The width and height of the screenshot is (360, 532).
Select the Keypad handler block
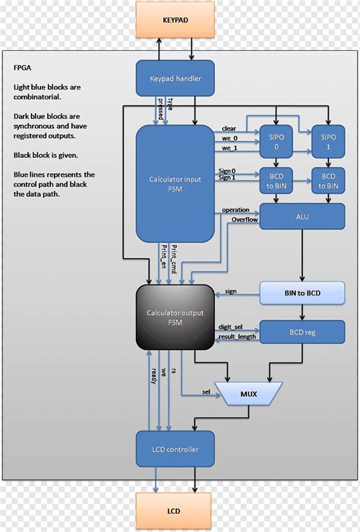pos(174,77)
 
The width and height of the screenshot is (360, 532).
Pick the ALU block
pos(302,216)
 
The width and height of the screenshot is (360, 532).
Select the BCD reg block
pos(302,331)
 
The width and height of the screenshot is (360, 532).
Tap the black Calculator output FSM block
pos(174,316)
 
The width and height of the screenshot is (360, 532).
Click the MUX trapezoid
pos(248,394)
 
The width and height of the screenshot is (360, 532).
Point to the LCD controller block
pos(174,449)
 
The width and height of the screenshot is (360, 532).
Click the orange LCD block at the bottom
pos(174,511)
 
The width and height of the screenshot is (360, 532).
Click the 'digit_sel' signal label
pos(231,326)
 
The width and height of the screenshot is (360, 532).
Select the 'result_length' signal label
pos(237,335)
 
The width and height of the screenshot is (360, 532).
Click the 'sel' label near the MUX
pos(206,392)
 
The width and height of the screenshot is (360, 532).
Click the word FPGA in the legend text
pos(23,67)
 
